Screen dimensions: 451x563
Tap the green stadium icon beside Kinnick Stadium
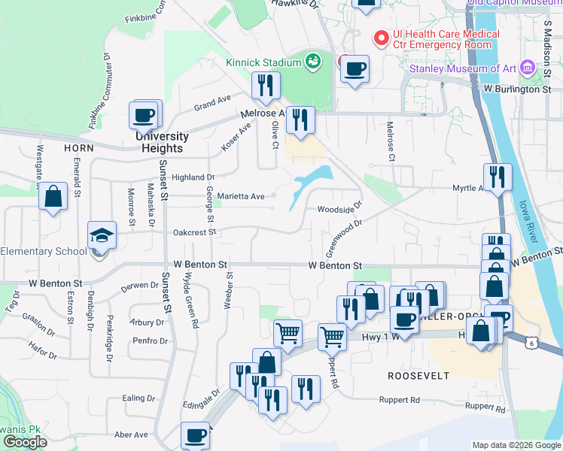click(x=313, y=61)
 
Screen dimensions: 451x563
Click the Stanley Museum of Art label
click(x=463, y=69)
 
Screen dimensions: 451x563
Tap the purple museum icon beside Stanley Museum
click(x=527, y=69)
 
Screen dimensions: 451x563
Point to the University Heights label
click(x=162, y=142)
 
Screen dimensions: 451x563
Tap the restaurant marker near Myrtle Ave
click(x=497, y=178)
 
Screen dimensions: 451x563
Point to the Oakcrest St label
click(x=194, y=232)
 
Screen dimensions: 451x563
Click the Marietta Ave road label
click(x=241, y=196)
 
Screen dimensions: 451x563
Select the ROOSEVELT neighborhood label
click(x=418, y=375)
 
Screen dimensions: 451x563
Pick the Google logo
click(x=24, y=442)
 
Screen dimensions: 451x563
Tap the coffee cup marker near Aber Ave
click(x=196, y=436)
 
